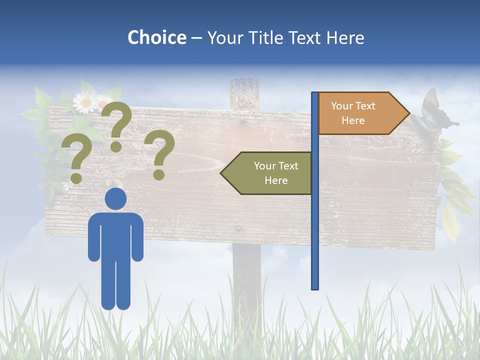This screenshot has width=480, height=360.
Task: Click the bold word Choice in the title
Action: pyautogui.click(x=156, y=37)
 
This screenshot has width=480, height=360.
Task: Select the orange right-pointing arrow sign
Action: pyautogui.click(x=360, y=113)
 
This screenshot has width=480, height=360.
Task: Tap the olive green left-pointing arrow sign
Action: pyautogui.click(x=267, y=173)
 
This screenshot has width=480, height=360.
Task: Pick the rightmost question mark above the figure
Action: pyautogui.click(x=160, y=154)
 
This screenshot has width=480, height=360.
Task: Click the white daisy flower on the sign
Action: pyautogui.click(x=85, y=103)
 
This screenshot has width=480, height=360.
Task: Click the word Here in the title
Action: pyautogui.click(x=345, y=37)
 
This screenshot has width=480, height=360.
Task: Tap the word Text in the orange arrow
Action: pyautogui.click(x=365, y=106)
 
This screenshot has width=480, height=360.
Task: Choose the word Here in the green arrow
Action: pyautogui.click(x=276, y=180)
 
